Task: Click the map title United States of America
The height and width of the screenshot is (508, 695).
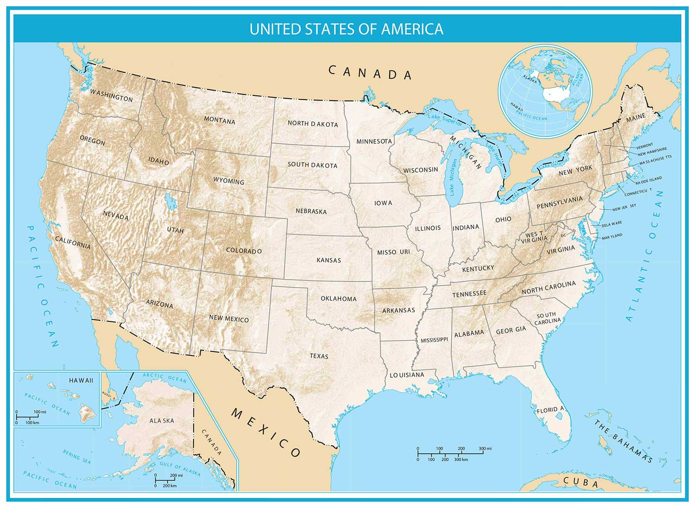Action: tap(347, 29)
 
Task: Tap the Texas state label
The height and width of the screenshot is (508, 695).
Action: tap(319, 356)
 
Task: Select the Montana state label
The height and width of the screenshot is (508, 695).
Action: tap(220, 121)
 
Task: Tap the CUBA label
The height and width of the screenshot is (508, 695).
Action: tap(581, 482)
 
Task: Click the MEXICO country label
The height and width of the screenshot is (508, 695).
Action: tap(266, 432)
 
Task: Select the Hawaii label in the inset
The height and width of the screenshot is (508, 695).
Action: tap(81, 380)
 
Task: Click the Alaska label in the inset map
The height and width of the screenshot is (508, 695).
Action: tap(162, 420)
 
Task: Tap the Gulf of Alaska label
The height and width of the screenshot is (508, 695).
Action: tap(180, 469)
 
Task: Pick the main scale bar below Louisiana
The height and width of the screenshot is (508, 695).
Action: tap(454, 454)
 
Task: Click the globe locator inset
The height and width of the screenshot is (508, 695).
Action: tap(545, 91)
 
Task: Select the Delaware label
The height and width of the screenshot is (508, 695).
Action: tap(612, 224)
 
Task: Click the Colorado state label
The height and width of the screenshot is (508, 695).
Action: tap(244, 251)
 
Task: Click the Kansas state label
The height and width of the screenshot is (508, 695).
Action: tap(329, 260)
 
